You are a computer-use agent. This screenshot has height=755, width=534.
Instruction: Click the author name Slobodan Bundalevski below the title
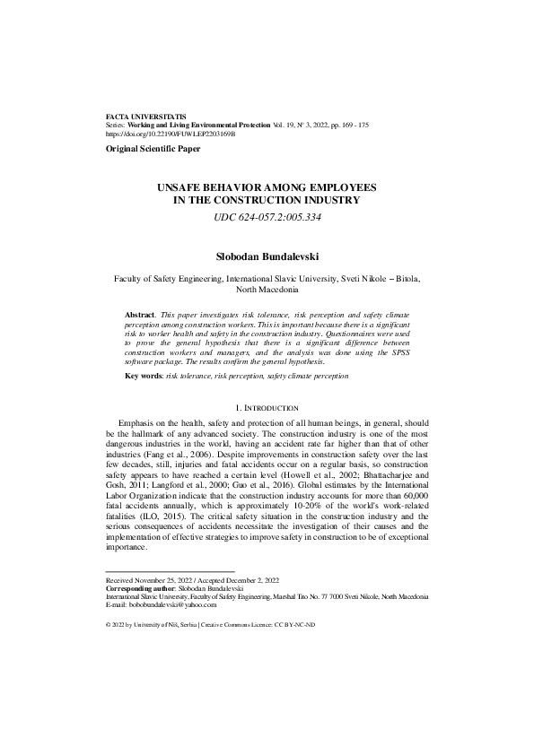[267, 256]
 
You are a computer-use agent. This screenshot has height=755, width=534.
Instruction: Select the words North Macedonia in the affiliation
[267, 291]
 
